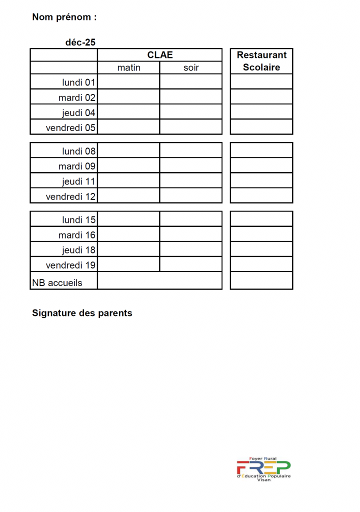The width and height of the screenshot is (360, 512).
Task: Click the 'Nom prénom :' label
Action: point(64,17)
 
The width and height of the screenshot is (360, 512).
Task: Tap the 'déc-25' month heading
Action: point(80,42)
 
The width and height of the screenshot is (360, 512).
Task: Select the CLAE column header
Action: point(160,55)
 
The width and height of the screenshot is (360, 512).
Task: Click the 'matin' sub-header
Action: point(128,67)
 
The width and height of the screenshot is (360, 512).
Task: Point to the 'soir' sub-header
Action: point(191,67)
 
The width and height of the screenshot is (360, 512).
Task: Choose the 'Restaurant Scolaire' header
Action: point(261,61)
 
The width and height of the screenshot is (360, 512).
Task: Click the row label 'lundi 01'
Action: point(78,82)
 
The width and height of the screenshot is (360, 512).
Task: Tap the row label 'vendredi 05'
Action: point(70,127)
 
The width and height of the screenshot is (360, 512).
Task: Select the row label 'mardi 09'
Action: point(76,166)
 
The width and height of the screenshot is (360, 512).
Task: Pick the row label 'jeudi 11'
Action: point(78,181)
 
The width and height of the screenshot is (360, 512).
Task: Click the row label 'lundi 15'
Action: point(78,219)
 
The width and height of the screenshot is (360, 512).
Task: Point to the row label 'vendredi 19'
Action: point(70,265)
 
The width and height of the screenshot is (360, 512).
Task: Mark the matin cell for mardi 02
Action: point(128,97)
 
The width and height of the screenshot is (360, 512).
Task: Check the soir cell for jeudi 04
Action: point(191,112)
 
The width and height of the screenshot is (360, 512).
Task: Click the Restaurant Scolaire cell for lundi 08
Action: point(261,150)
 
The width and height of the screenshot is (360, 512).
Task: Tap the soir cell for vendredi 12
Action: point(191,196)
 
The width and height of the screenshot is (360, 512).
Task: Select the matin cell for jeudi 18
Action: point(128,249)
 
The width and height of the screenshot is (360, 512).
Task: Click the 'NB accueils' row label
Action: point(57,283)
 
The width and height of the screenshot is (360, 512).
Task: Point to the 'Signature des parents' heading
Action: point(82,313)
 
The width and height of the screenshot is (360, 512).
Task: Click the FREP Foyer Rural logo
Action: point(263,469)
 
